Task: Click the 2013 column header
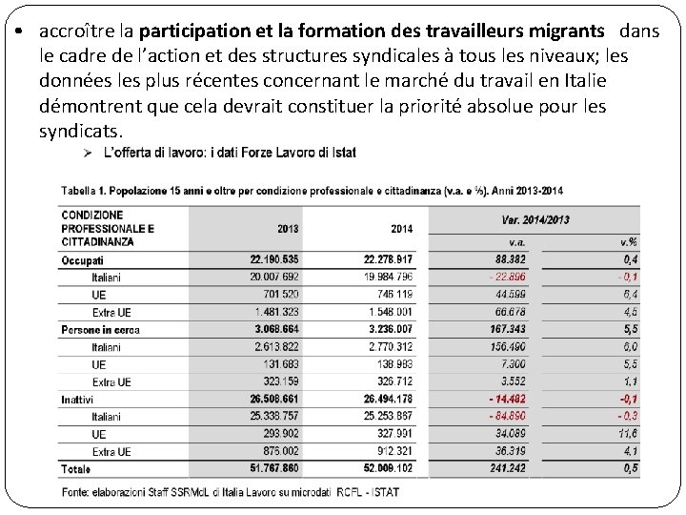(x=288, y=229)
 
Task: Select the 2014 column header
(x=401, y=229)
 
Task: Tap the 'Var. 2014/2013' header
(x=535, y=219)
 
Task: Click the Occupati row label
(x=83, y=260)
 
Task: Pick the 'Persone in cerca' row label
(x=100, y=330)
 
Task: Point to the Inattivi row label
(x=79, y=400)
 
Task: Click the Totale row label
(x=76, y=469)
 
